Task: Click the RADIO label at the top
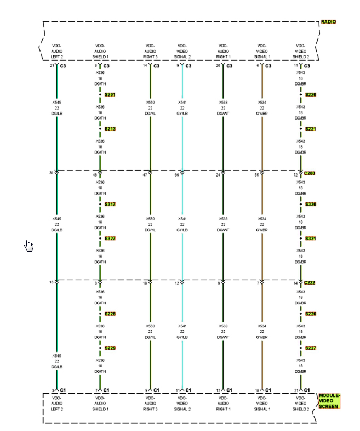(329, 22)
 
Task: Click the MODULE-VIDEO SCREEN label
(329, 401)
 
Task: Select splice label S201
(110, 95)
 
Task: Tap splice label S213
(110, 129)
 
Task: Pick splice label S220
(310, 95)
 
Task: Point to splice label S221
(310, 129)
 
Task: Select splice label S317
(110, 205)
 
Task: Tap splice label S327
(110, 239)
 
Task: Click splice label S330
(310, 205)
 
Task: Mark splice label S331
(310, 239)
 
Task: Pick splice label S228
(110, 314)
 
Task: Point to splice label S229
(110, 349)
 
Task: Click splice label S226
(310, 314)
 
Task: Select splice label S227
(310, 349)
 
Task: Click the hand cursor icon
(29, 246)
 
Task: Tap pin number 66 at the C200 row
(176, 175)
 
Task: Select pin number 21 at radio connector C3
(52, 66)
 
